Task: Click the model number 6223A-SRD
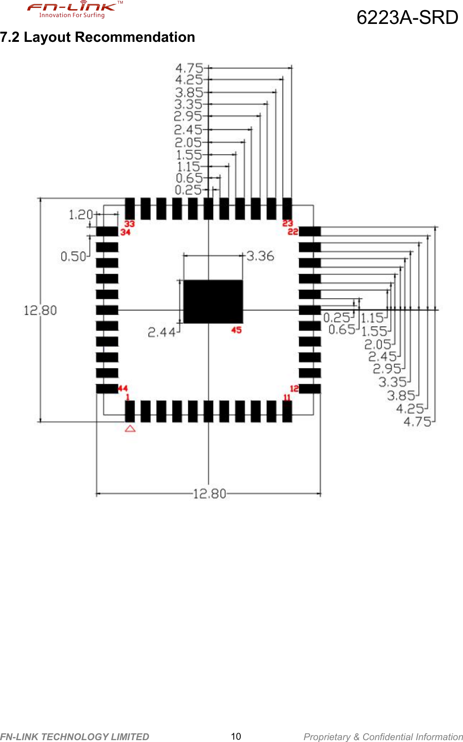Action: tap(407, 17)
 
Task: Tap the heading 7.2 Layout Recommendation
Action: tap(98, 37)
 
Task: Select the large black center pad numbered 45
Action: tap(213, 301)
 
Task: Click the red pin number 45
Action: tap(236, 330)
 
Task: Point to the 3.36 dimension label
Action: tap(260, 256)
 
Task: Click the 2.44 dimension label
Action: tap(161, 332)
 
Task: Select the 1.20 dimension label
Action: tap(81, 215)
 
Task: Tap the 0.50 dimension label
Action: tap(73, 256)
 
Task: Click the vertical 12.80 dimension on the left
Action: tap(41, 311)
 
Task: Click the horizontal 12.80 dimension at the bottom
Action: tap(209, 494)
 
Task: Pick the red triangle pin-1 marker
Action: tap(130, 428)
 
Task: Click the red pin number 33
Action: tap(130, 224)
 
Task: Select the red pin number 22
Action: tap(293, 231)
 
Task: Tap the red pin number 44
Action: tap(123, 388)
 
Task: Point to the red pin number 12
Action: tap(294, 389)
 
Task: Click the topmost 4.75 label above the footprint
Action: tap(189, 68)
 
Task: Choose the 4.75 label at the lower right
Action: tap(417, 422)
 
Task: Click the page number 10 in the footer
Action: tap(236, 736)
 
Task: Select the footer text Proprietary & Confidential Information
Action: tap(383, 736)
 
